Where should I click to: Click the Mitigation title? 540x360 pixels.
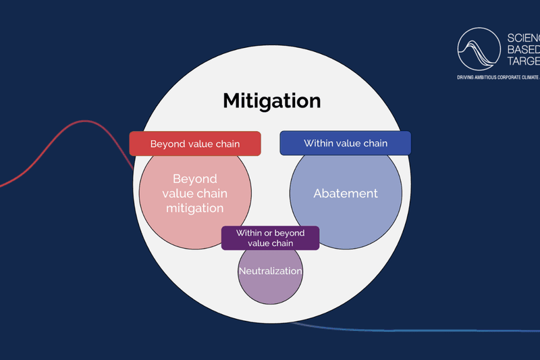(272, 101)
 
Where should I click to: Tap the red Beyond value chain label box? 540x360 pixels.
(195, 144)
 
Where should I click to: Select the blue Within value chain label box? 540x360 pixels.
(346, 143)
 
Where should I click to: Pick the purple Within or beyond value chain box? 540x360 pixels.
(270, 238)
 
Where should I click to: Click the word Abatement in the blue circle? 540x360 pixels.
(346, 193)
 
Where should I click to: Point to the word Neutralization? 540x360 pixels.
(270, 271)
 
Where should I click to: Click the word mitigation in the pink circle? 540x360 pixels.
(195, 208)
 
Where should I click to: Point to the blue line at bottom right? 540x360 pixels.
(439, 330)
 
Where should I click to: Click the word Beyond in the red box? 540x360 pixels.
(167, 144)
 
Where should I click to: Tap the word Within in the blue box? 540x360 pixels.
(319, 143)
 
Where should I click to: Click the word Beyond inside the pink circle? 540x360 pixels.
(195, 179)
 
